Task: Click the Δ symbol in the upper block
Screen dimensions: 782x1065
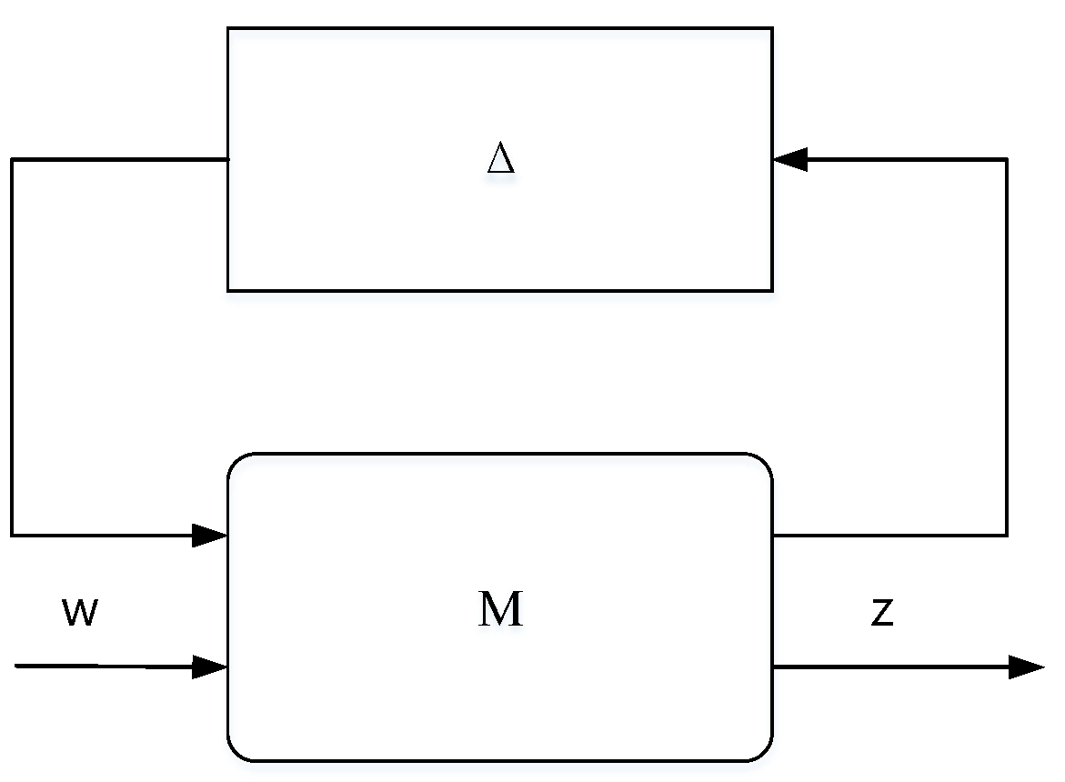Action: point(501,159)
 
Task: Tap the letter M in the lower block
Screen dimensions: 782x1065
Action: point(501,609)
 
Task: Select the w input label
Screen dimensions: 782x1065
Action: point(79,614)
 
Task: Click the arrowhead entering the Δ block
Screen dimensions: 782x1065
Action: point(789,160)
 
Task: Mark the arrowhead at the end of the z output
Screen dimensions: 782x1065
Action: point(1027,667)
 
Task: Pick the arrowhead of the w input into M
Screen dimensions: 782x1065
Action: point(210,667)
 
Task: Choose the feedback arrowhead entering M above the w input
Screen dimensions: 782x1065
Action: point(210,535)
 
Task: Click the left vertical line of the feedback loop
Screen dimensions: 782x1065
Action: point(12,346)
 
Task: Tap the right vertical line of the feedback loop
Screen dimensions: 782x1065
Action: point(1006,346)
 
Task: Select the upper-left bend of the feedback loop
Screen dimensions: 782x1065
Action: point(12,160)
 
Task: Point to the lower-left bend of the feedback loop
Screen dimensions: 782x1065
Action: point(12,535)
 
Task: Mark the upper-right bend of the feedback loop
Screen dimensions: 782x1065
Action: point(1006,160)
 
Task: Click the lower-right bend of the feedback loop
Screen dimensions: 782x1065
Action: point(1006,535)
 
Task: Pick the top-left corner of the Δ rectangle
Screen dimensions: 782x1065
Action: point(228,28)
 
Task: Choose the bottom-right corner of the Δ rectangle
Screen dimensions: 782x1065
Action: point(772,290)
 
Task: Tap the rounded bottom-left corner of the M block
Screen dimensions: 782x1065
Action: point(235,753)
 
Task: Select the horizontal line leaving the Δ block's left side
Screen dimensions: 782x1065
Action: point(118,160)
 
